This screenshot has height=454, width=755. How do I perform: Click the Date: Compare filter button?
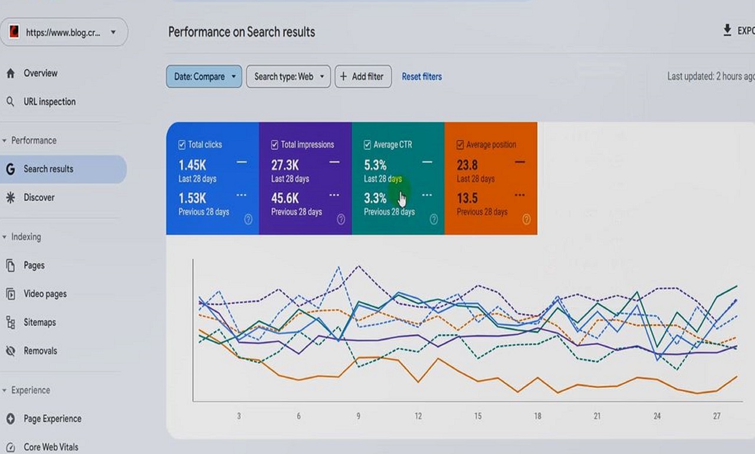point(203,76)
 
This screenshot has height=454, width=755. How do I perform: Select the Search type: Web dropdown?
point(288,76)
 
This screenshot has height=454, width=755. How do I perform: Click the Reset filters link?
point(421,76)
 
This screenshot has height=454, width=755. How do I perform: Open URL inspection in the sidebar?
point(50,102)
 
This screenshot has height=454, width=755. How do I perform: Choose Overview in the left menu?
point(40,73)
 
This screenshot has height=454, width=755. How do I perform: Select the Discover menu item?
point(39,197)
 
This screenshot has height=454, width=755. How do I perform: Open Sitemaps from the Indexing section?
point(40,322)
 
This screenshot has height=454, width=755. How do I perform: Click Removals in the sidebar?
point(40,351)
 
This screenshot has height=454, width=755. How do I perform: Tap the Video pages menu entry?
point(45,294)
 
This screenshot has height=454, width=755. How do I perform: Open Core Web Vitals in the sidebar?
point(51,447)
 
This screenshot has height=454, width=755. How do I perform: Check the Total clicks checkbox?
point(182,145)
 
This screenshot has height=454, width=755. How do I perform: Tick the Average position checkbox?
point(460,145)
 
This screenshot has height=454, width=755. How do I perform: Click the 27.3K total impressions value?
point(285,165)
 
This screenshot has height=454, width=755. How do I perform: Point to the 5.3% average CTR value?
point(375,165)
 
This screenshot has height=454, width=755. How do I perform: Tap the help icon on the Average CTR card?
point(434,220)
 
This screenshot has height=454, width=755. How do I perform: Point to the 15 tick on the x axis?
point(478,416)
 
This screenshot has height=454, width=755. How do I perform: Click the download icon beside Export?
point(727,31)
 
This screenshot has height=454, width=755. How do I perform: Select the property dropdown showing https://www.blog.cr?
point(64,32)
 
